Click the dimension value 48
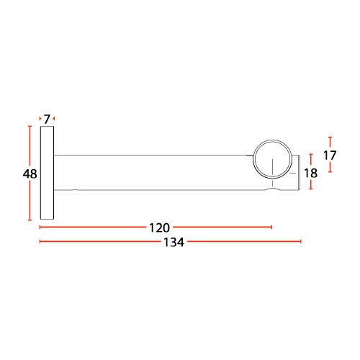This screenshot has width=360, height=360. coord(30,174)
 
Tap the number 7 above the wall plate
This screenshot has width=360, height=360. coord(47,120)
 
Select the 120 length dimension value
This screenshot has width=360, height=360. coord(159,228)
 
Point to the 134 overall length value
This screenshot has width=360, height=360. coord(174,242)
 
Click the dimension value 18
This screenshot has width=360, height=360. coord(310,173)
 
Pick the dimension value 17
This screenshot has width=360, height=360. coord(330,156)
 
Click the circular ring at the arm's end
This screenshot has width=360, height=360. coord(272,140)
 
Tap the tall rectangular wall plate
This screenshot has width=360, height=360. coord(47,173)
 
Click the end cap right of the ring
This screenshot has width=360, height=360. coord(296,173)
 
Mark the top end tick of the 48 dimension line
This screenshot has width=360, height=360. coord(30,126)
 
